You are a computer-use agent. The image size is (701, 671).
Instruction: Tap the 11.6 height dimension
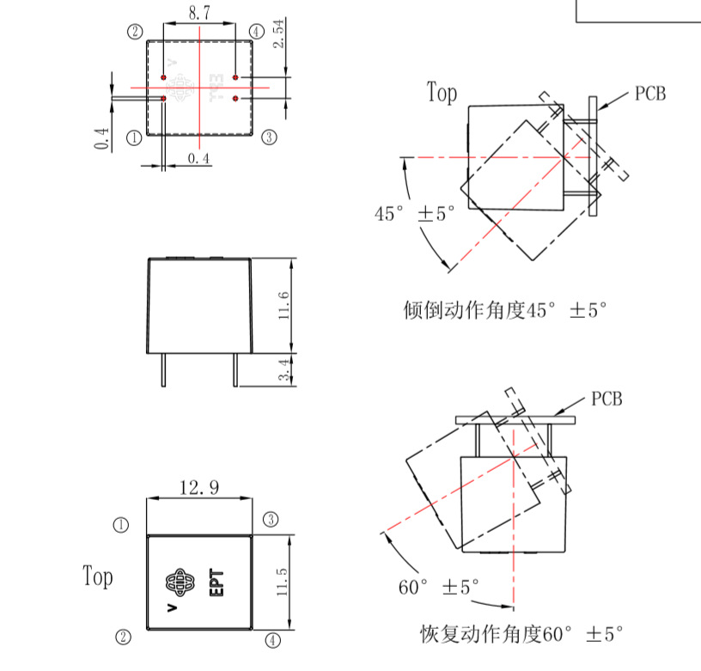point(283,305)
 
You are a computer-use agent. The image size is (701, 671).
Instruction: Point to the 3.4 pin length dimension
point(283,370)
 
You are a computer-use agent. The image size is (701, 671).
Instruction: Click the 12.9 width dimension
point(198,488)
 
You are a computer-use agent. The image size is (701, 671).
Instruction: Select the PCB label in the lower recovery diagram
point(607,400)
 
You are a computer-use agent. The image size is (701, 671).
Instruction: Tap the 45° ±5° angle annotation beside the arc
point(414,214)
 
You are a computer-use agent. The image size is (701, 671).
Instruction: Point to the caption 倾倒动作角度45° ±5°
point(505,310)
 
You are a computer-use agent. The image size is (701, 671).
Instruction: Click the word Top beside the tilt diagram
point(442,93)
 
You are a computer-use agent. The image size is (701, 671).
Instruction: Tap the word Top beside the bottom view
point(98,576)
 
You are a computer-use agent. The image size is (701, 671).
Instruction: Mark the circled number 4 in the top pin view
point(256,32)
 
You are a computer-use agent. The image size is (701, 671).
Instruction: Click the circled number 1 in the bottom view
point(121,524)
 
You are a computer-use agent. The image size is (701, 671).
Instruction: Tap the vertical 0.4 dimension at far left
point(102,137)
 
